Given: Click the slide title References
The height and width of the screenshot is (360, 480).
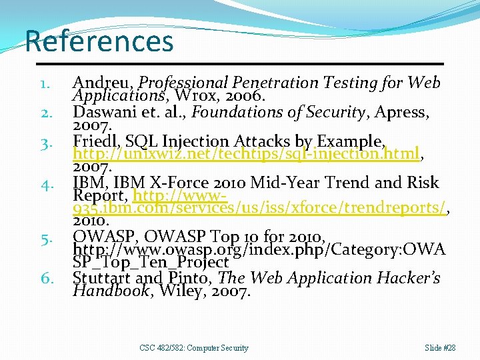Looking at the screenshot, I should point(99,41).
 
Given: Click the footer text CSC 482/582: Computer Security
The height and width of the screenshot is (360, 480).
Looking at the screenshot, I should point(194,348).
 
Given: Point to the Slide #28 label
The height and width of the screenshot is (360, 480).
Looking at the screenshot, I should point(440,348).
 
